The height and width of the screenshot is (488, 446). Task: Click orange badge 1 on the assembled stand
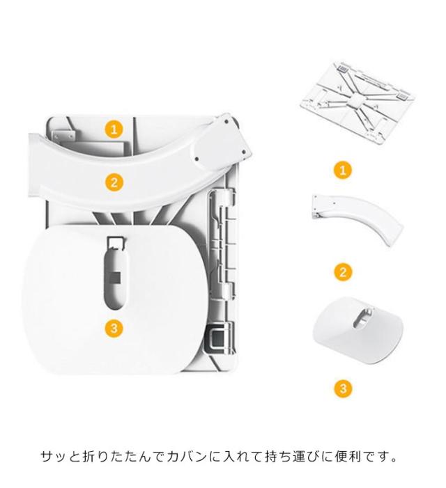[x=114, y=129]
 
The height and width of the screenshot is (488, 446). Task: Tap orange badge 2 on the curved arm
[x=114, y=182]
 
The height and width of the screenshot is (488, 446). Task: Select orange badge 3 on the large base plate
[x=114, y=328]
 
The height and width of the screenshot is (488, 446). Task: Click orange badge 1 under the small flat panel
[x=343, y=171]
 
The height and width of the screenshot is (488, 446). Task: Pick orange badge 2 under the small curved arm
[x=343, y=272]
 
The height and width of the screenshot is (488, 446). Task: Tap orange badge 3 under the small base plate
[x=343, y=388]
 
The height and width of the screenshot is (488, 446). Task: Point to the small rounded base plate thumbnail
[x=358, y=330]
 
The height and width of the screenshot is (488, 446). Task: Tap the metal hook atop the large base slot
[x=116, y=242]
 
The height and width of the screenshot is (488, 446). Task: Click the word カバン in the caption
[x=186, y=457]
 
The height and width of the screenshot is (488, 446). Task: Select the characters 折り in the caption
[x=96, y=457]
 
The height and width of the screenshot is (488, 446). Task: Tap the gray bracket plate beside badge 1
[x=63, y=135]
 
